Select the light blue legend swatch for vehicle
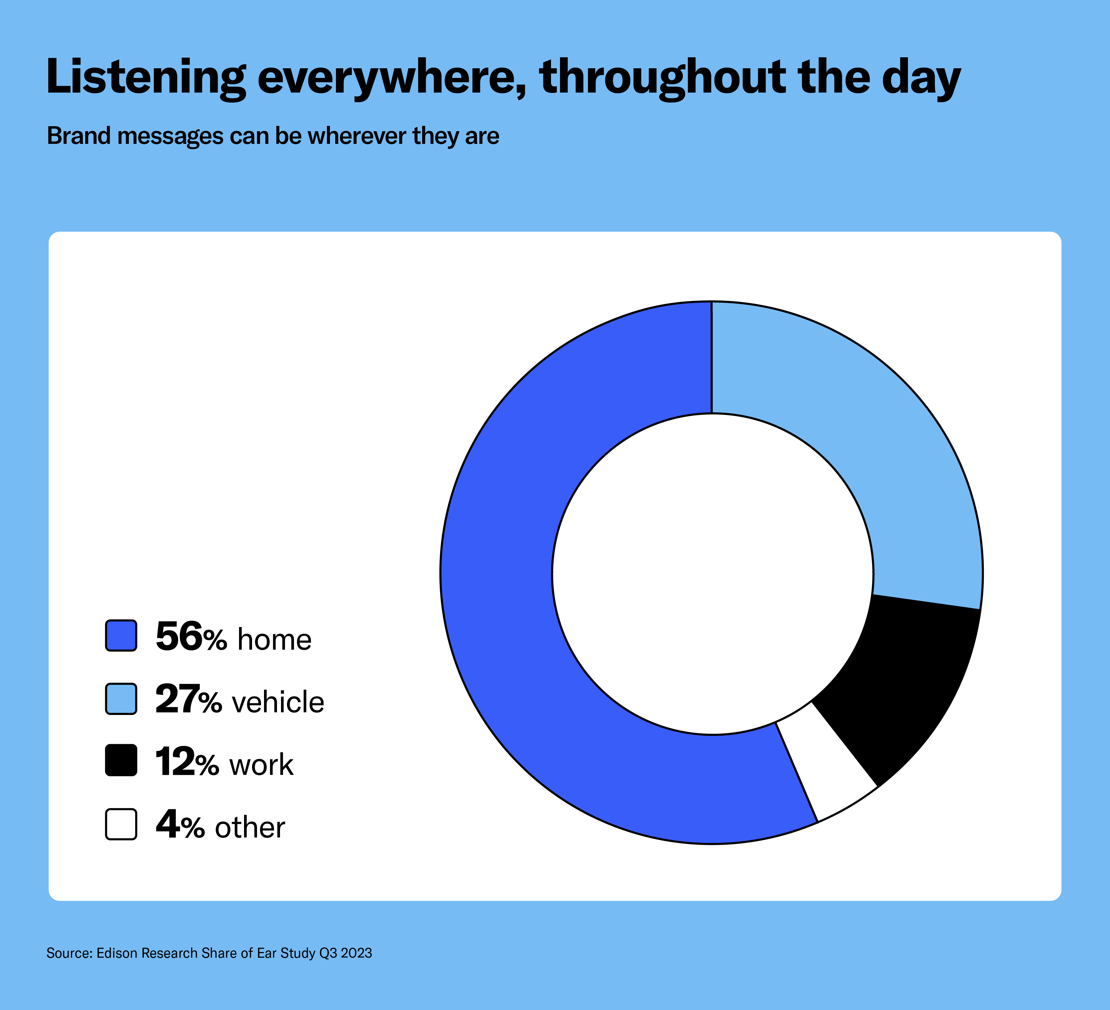[121, 699]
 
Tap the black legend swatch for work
[121, 761]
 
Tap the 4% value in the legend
[180, 825]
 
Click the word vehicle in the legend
[278, 702]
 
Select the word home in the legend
[275, 639]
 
